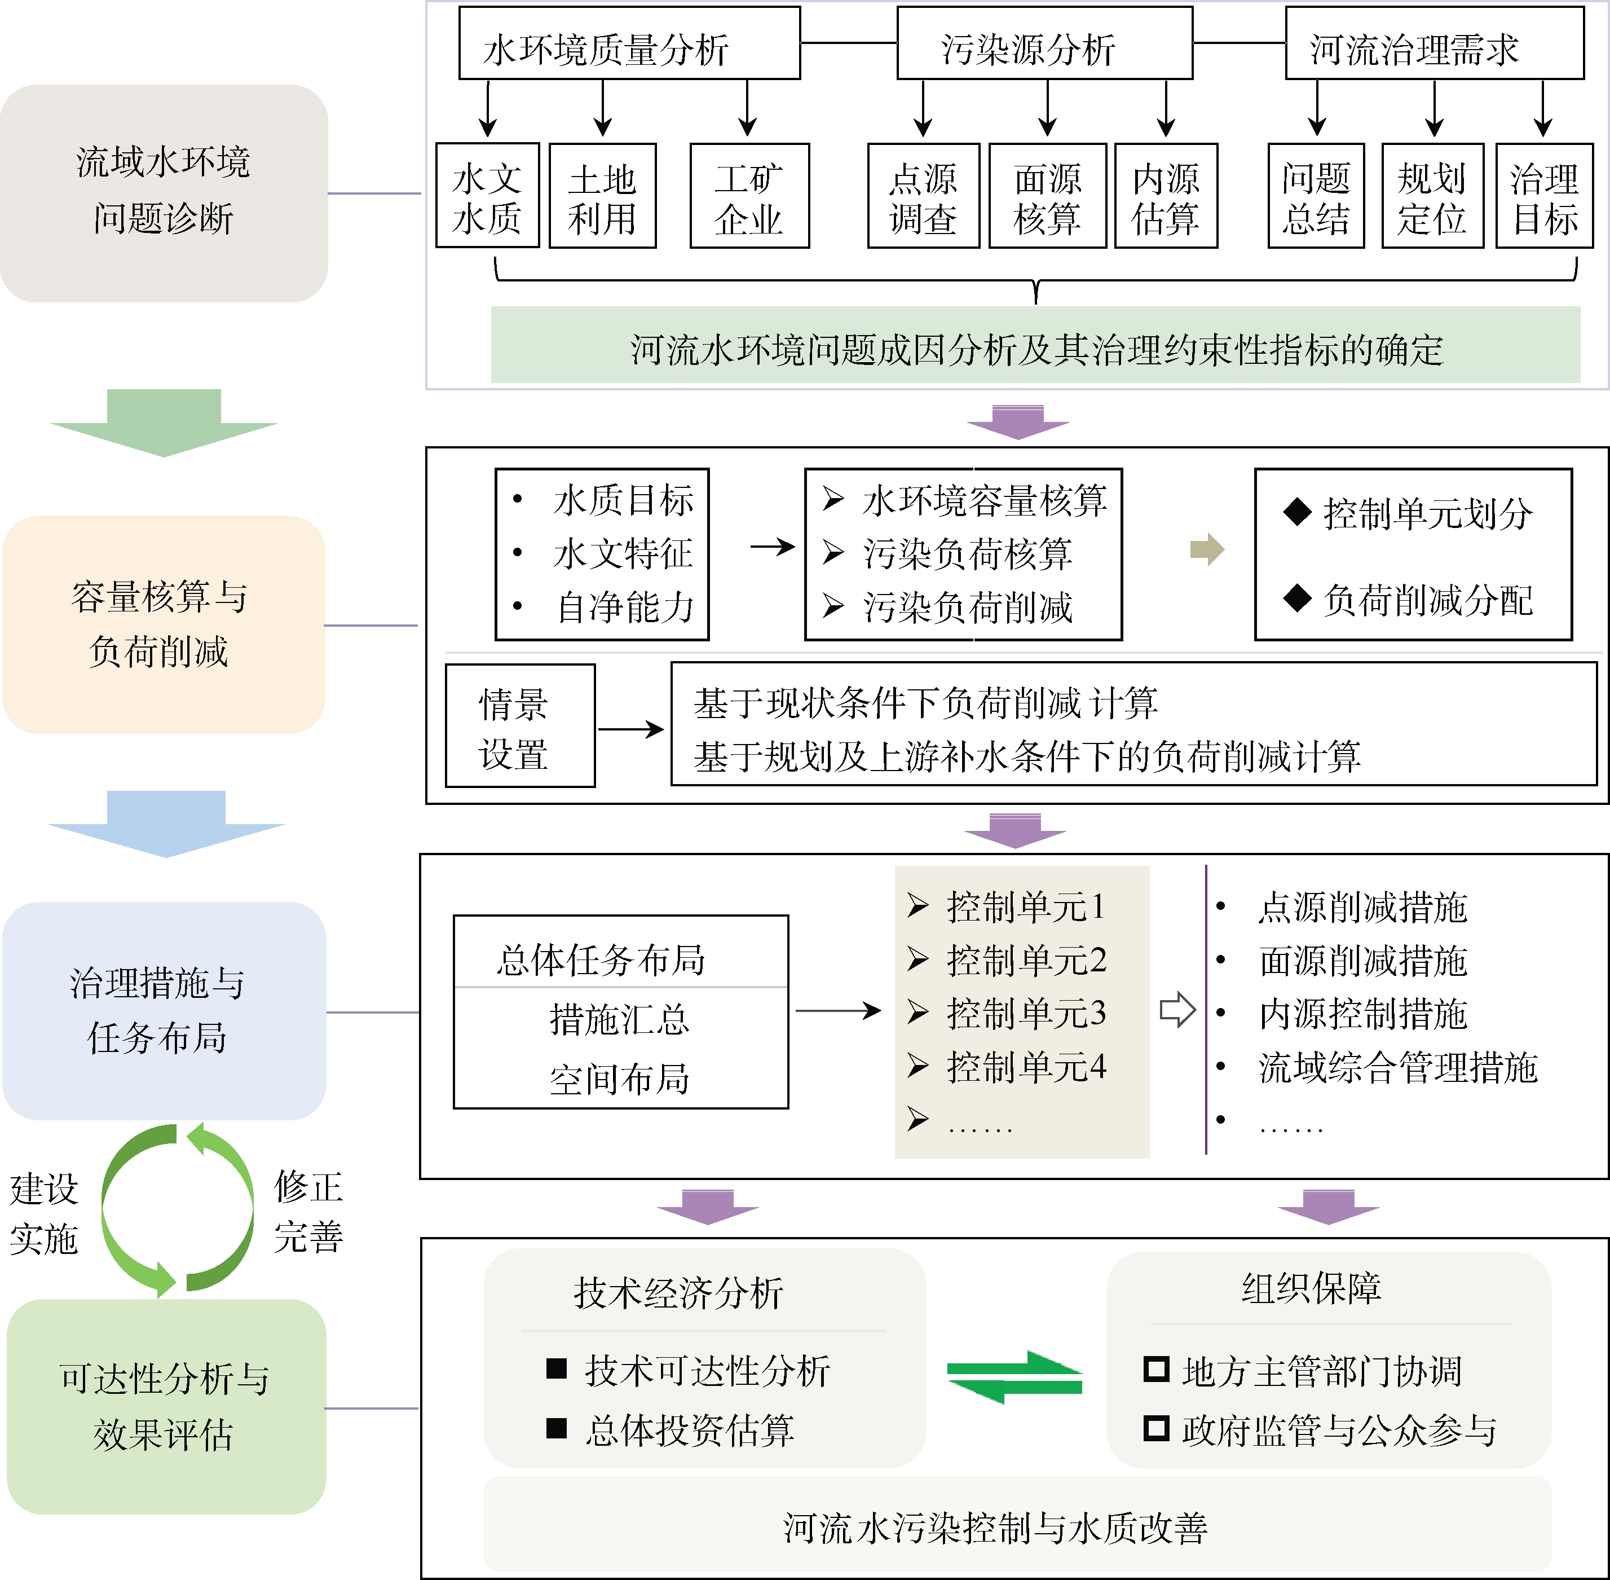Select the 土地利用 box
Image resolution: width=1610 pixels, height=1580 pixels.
pos(602,196)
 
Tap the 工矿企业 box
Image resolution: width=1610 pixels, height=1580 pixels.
pos(749,196)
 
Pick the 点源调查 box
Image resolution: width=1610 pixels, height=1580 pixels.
pos(923,196)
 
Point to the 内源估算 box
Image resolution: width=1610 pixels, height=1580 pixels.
pos(1166,196)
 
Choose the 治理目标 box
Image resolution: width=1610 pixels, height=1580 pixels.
pos(1543,196)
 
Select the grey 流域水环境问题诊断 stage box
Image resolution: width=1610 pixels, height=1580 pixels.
pos(164,192)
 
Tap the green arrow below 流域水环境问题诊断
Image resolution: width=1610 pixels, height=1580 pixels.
pos(164,421)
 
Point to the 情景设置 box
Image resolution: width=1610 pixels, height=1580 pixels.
pos(520,726)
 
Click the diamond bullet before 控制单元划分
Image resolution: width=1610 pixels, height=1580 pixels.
pos(1296,513)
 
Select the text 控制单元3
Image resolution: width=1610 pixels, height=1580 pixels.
pos(1026,1013)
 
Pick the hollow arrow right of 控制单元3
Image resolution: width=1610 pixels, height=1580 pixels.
pos(1177,1010)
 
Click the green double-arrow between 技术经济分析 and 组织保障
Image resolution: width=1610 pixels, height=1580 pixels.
pos(1014,1377)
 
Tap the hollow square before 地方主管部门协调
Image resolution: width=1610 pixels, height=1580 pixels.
pos(1155,1368)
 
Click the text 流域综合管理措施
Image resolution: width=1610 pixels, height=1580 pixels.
pos(1397,1067)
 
